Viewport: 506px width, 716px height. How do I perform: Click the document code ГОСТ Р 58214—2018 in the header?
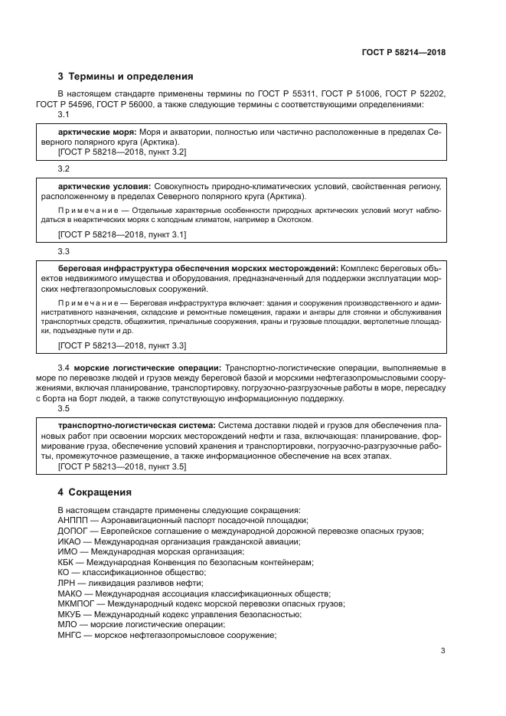point(403,53)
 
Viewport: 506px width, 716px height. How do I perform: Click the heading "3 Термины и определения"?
point(126,77)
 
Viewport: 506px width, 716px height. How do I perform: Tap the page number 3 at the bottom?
point(443,652)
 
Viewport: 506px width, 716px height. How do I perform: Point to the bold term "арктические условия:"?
point(105,186)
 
